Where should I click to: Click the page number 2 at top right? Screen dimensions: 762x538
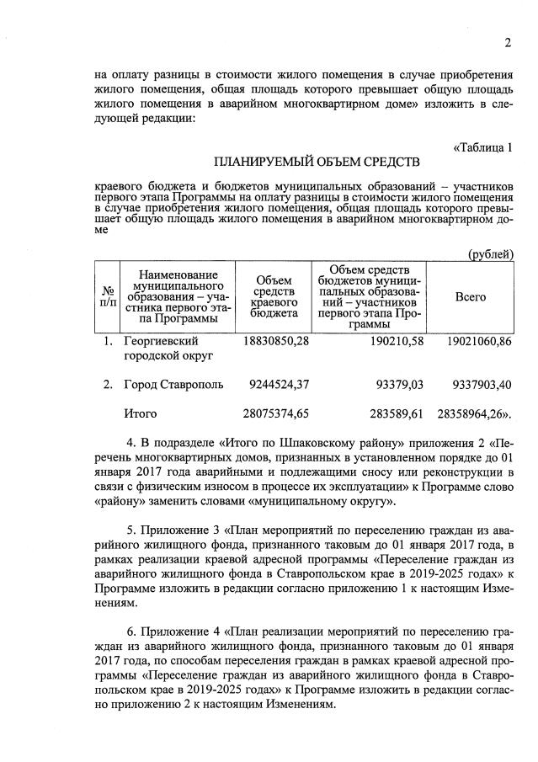click(508, 43)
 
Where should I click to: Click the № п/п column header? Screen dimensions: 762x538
click(108, 297)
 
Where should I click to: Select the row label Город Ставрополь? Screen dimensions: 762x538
click(173, 385)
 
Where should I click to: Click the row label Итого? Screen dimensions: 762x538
click(140, 413)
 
